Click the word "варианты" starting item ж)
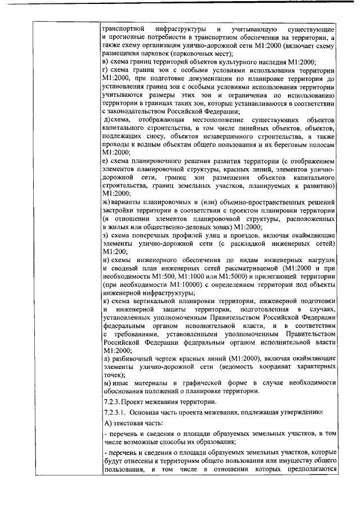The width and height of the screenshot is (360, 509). (127, 201)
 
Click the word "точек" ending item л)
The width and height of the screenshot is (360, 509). (112, 374)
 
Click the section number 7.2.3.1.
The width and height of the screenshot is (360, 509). (115, 412)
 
